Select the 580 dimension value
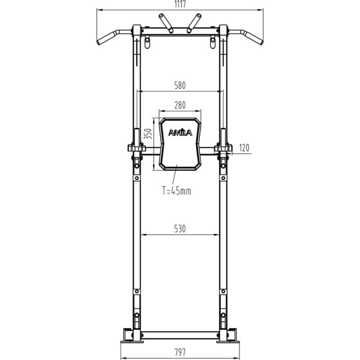pos(180,85)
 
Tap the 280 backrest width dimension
pos(180,105)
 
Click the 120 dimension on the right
pos(244,146)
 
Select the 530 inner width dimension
pos(180,229)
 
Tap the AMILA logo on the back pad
pos(180,133)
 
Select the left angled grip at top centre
pos(166,22)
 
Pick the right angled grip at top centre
pos(193,22)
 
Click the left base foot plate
pos(130,334)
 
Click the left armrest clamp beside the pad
pos(136,148)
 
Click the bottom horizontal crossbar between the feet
pos(180,332)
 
